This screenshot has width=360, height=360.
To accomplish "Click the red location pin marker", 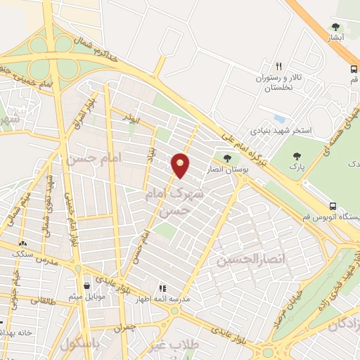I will (181, 164).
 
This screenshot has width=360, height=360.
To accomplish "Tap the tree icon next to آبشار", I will (335, 27).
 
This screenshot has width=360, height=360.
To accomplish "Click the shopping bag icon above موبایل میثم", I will (86, 286).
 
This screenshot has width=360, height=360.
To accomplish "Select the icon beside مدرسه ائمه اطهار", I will (162, 288).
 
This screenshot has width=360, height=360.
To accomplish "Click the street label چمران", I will (123, 327).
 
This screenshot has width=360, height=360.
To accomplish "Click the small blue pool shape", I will (279, 117).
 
